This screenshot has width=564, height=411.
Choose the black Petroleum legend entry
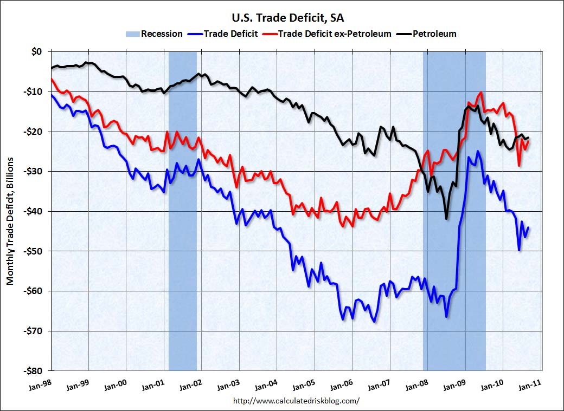428,34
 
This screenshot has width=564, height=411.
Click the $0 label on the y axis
36,52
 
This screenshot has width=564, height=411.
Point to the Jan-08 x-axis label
416,388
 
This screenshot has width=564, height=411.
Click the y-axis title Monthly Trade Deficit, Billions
10,222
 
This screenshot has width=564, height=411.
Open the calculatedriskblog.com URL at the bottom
296,401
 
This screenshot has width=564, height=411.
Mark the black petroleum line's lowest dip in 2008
447,218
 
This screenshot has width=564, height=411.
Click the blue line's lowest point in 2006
374,322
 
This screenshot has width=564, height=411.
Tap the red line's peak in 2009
481,93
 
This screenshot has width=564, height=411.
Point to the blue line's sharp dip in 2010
520,250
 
